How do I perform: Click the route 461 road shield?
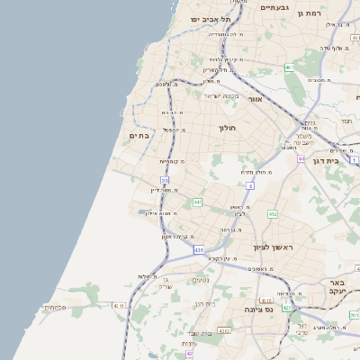[289, 67]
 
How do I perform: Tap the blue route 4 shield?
[250, 186]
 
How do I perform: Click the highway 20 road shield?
[165, 180]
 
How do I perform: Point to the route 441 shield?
[197, 202]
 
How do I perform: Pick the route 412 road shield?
[273, 214]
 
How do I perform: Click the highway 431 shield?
[198, 249]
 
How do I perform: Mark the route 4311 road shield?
[118, 306]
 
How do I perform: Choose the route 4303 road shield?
[223, 331]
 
